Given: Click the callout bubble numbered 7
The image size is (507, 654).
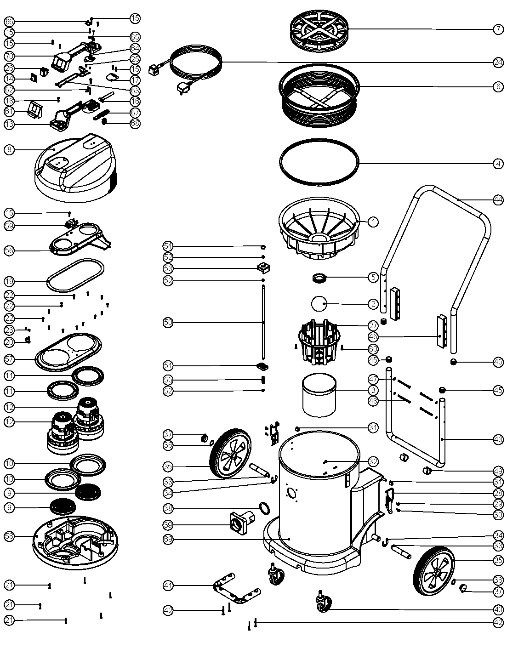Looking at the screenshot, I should click(498, 28).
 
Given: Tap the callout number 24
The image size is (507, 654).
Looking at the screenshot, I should click(498, 63).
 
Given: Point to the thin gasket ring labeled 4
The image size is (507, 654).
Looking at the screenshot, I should click(319, 162).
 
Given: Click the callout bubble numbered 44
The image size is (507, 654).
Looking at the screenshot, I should click(498, 200).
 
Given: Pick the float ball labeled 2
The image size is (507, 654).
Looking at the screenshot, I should click(319, 304).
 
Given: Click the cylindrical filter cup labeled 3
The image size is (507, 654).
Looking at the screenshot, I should click(319, 394).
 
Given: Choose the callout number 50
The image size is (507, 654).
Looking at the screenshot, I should click(168, 323).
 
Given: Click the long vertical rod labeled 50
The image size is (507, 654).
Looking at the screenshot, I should click(263, 322).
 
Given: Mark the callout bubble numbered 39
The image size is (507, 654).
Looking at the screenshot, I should click(168, 524).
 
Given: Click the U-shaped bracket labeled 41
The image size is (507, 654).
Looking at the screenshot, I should click(237, 591).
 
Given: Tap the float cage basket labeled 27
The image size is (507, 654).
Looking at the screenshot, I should click(319, 342).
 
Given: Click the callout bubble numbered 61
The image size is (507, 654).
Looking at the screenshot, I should click(9, 112).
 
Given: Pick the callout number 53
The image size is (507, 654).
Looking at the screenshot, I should click(168, 268).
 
